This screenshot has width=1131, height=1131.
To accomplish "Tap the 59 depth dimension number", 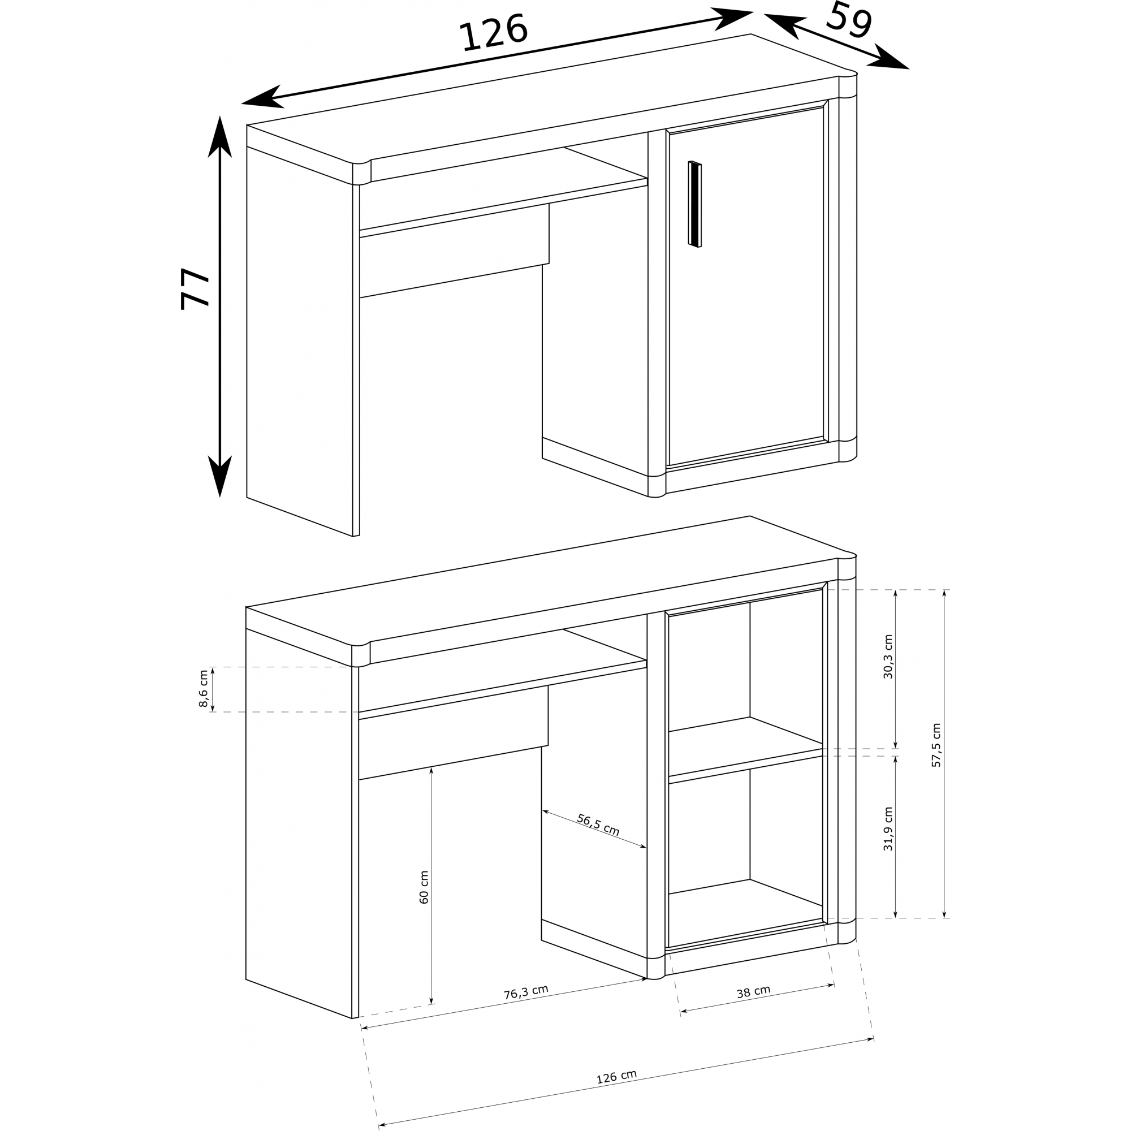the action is (x=849, y=20).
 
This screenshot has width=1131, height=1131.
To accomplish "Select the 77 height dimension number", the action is (x=195, y=288).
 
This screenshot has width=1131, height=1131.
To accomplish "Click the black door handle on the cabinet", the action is (x=695, y=204).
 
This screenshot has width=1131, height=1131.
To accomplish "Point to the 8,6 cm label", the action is (x=203, y=688).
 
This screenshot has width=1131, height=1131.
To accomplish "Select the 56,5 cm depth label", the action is (x=598, y=825).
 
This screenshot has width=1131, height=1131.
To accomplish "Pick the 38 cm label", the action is (x=753, y=992).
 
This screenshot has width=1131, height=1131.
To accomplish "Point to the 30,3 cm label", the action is (x=888, y=656).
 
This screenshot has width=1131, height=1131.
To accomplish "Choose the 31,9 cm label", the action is (x=888, y=829).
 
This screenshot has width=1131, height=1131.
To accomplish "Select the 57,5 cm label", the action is (x=936, y=745).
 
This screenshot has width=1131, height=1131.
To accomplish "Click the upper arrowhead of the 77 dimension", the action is (x=219, y=136).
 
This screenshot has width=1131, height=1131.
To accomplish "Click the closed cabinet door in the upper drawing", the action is (x=746, y=287).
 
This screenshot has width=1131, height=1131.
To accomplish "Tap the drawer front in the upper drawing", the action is (x=454, y=251).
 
